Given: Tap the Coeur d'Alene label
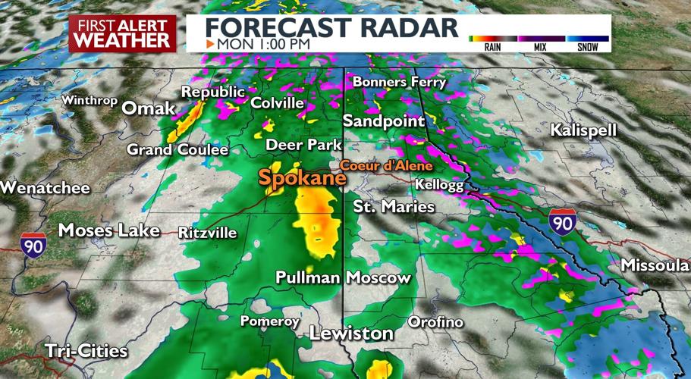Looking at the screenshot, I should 385,165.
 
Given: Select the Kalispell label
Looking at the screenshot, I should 584,130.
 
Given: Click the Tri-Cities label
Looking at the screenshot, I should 86,351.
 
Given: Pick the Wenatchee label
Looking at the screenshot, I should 45,188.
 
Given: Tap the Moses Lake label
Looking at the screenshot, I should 108,230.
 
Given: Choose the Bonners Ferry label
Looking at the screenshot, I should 400,82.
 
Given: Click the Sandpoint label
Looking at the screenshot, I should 382,121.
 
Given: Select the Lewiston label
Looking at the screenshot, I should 351,334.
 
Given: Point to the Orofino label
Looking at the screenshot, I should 435,322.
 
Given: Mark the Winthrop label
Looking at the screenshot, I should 90,100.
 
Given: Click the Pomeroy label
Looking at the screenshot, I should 270,321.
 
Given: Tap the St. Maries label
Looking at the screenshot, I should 394,206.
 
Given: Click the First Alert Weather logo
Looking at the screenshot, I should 122,35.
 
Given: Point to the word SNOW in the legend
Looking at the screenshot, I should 587,47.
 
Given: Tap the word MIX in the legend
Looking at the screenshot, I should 541,47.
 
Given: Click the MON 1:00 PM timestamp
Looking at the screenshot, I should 262,44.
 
